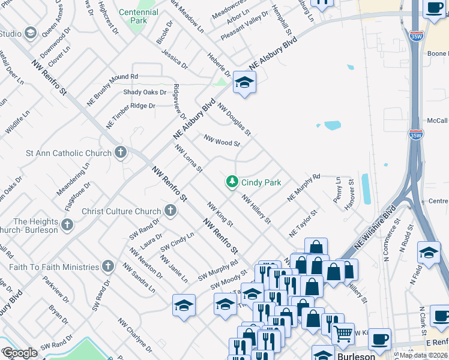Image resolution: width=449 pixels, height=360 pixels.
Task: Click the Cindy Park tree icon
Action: point(232,182)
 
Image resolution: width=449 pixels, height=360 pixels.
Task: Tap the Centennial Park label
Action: point(139,16)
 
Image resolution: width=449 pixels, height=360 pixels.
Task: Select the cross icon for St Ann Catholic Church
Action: point(121,152)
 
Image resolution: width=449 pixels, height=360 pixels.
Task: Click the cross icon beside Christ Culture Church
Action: point(170,211)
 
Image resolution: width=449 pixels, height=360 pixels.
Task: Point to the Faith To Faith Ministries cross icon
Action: point(108,266)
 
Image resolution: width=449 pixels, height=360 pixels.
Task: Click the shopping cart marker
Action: point(342,333)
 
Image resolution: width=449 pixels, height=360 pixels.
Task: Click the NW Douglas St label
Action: point(234,118)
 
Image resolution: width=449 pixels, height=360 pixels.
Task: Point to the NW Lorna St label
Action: point(188,157)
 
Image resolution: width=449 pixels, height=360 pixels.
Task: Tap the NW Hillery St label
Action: point(256,208)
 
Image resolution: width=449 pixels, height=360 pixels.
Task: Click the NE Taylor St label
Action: point(302,223)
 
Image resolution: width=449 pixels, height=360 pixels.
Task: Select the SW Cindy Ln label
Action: point(177,243)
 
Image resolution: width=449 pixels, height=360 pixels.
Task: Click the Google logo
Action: point(20,353)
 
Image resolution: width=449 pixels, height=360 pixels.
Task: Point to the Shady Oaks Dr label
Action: point(145,92)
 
